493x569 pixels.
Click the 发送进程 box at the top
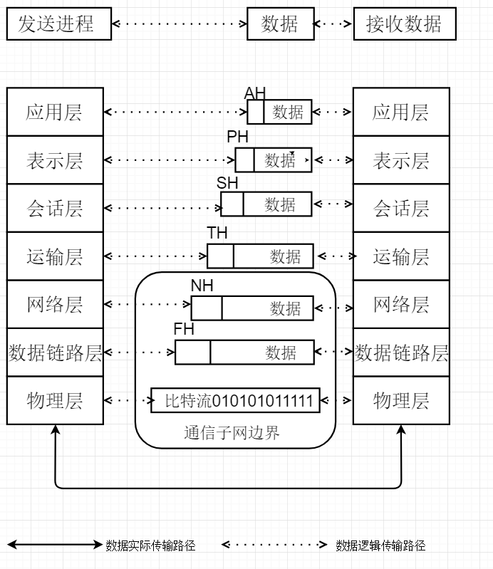[60, 24]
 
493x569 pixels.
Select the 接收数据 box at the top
[404, 24]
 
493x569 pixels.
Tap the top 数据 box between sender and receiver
[281, 24]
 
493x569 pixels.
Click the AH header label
[254, 93]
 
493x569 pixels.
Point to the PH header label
[238, 137]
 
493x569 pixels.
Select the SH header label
[227, 183]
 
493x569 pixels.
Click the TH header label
[217, 234]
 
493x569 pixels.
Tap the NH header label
[202, 286]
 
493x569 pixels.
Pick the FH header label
[184, 330]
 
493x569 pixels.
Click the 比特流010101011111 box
[236, 401]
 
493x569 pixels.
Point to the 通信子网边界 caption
[232, 432]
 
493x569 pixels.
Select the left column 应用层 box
[55, 113]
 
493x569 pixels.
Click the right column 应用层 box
[401, 113]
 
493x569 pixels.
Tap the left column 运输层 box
[55, 256]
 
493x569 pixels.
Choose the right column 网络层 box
[401, 305]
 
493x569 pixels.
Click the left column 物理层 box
[55, 401]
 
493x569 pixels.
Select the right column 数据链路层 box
[401, 353]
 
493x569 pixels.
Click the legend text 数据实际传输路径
[150, 545]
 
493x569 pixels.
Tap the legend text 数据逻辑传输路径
[380, 545]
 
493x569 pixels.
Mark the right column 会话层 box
[401, 209]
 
